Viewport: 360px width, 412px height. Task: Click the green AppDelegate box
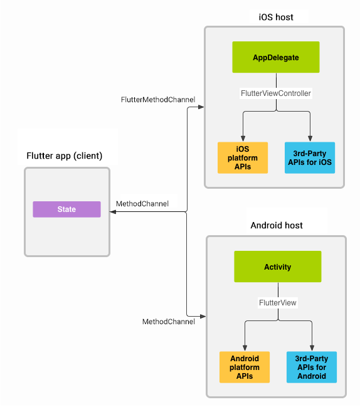click(276, 58)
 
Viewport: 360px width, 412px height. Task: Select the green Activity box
click(277, 267)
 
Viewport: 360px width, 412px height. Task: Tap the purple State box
click(66, 209)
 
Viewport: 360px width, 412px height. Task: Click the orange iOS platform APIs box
click(243, 157)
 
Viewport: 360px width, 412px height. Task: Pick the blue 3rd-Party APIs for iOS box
click(309, 157)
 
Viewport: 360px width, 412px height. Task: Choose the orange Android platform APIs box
click(244, 367)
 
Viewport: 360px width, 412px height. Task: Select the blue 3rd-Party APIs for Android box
click(311, 367)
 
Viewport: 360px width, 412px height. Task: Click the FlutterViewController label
click(276, 93)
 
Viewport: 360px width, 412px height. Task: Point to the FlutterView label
click(277, 302)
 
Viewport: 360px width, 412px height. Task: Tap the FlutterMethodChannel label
click(157, 100)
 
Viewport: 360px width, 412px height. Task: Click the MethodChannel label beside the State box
click(142, 204)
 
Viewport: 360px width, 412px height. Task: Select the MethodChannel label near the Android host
click(168, 322)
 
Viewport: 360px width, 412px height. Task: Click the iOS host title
click(275, 17)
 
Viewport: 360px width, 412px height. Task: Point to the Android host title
click(277, 224)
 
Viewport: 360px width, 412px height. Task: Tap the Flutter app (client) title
click(64, 156)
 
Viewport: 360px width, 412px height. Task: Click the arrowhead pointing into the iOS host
click(201, 107)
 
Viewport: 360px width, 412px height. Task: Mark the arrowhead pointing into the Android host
click(203, 315)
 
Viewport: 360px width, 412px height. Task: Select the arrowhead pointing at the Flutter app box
click(113, 213)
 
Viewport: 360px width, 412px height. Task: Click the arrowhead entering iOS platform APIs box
click(243, 139)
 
